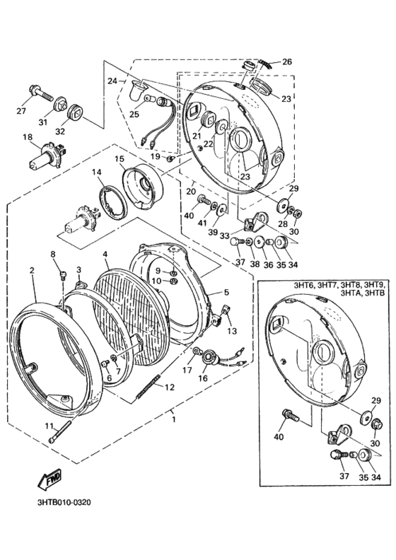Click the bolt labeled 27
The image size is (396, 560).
tap(41, 93)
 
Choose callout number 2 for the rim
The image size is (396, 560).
tap(33, 269)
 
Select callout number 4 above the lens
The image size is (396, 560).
tap(105, 254)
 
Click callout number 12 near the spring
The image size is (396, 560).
tap(168, 387)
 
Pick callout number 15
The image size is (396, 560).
tap(120, 159)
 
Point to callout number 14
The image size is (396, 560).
tap(96, 172)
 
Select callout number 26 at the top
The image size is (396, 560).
tap(287, 62)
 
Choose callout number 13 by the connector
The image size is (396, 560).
tap(232, 331)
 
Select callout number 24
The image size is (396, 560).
tap(112, 81)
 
